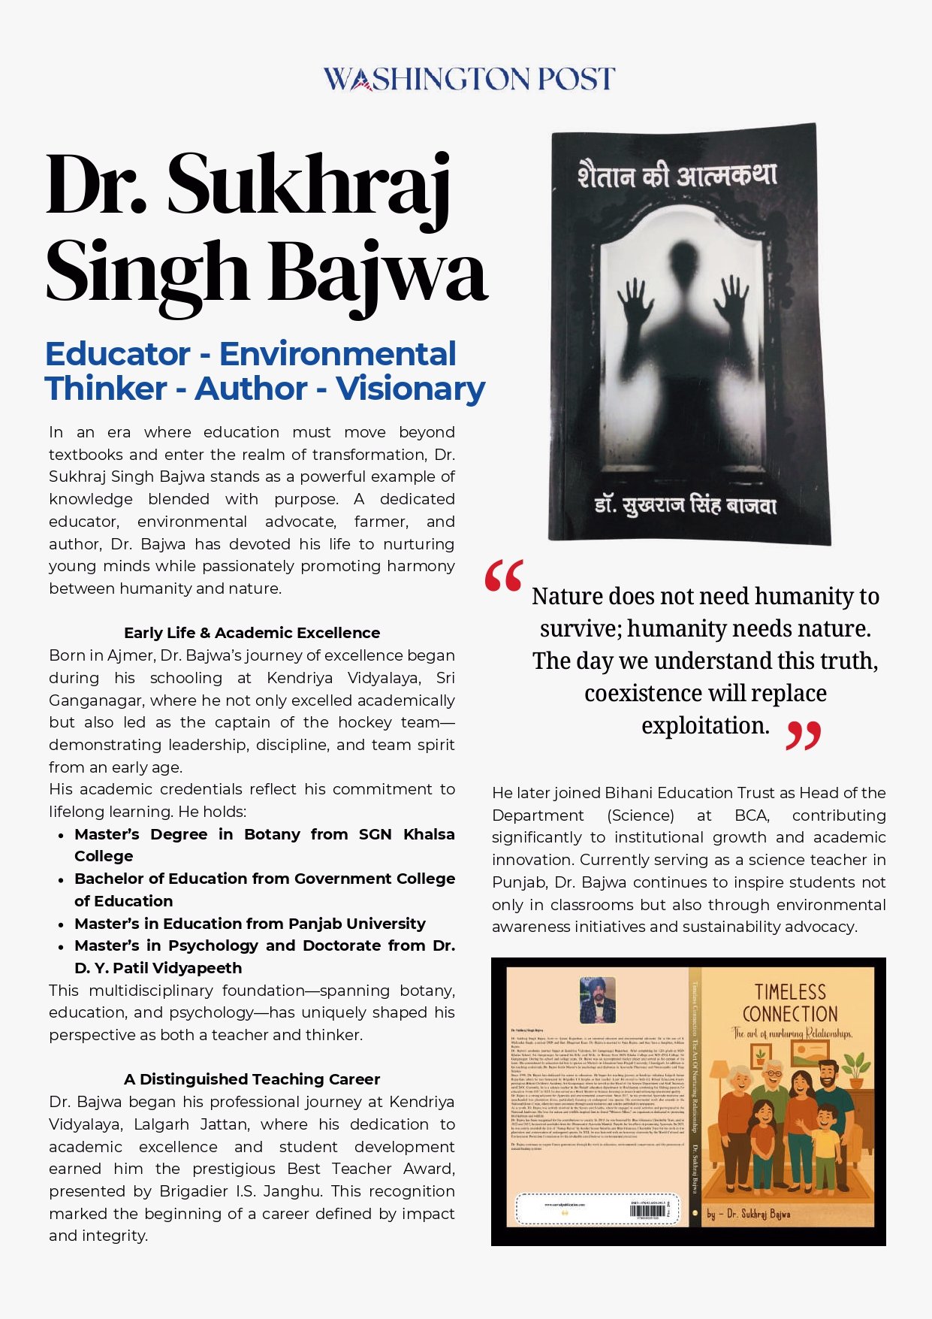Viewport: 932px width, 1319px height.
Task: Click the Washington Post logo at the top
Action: (469, 79)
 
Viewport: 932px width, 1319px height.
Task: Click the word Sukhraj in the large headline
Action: (308, 186)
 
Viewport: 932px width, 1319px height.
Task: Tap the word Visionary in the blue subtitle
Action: (410, 389)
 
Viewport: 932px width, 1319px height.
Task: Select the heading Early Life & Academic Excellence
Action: (252, 633)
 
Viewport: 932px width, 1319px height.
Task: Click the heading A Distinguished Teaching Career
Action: (252, 1079)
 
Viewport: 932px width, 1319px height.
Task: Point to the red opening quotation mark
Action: (504, 576)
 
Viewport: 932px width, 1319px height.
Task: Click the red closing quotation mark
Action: (803, 736)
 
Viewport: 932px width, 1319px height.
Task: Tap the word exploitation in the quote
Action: (705, 725)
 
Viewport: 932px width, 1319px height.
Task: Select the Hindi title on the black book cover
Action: (677, 177)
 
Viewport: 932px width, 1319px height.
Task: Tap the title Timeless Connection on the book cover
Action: (790, 1003)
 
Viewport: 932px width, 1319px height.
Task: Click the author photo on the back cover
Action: (598, 1000)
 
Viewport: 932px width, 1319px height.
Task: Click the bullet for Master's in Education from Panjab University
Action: (61, 924)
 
